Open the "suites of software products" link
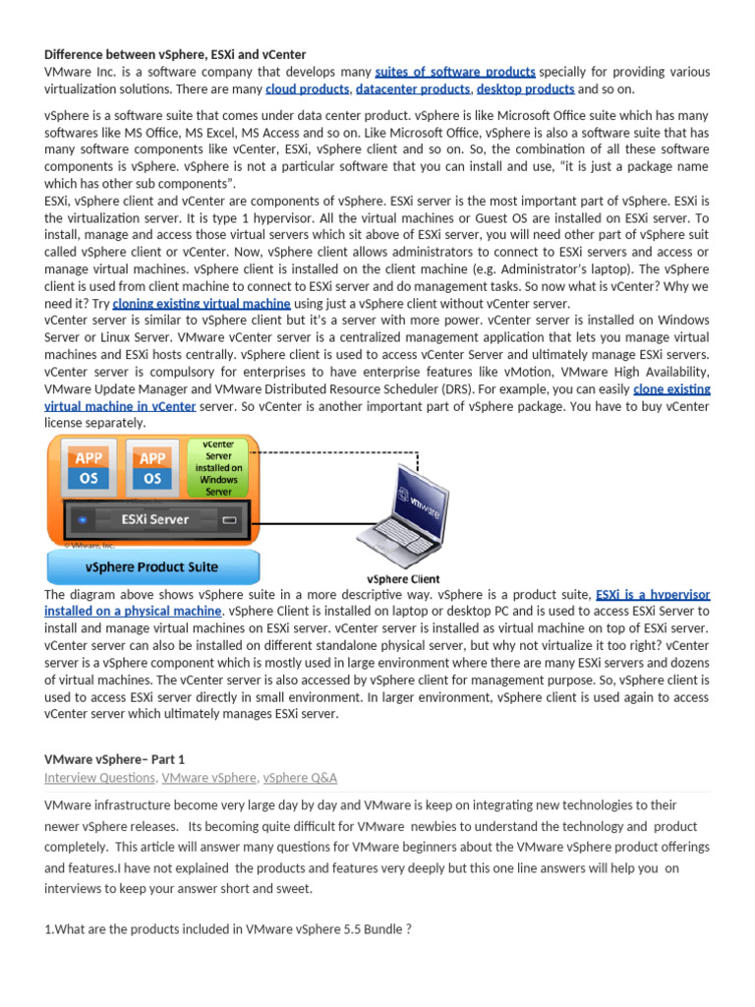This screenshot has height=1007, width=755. pyautogui.click(x=455, y=72)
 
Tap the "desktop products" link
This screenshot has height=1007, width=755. pyautogui.click(x=525, y=89)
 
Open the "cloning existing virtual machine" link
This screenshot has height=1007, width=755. pyautogui.click(x=202, y=304)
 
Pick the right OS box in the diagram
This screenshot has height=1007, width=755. pyautogui.click(x=151, y=478)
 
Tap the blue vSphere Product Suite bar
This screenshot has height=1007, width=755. pyautogui.click(x=153, y=567)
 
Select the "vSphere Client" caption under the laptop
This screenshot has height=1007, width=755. pyautogui.click(x=403, y=579)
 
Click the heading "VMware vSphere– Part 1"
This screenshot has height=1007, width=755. pyautogui.click(x=114, y=759)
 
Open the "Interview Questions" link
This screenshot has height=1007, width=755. pyautogui.click(x=99, y=778)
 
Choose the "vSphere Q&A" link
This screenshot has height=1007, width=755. pyautogui.click(x=301, y=778)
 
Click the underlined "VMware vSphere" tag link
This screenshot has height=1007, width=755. pyautogui.click(x=209, y=778)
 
